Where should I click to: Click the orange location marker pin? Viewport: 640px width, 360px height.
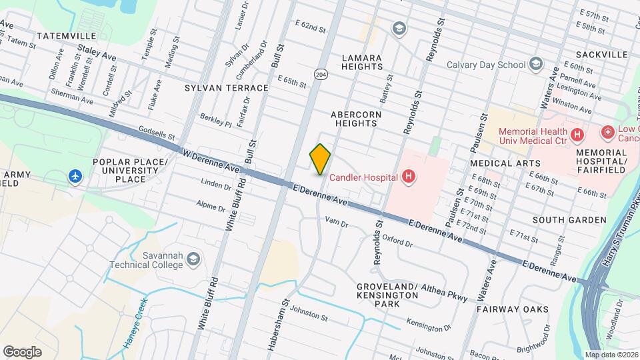321,159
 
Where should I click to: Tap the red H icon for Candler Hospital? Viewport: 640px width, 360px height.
409,177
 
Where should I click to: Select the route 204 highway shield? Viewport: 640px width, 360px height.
321,74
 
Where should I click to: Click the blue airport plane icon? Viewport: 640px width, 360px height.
75,177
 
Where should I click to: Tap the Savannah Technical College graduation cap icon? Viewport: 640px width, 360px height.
193,259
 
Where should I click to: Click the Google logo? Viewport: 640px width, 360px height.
22,351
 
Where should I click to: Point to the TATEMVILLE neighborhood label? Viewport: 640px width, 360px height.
66,35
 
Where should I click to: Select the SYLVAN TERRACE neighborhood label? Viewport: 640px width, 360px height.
227,88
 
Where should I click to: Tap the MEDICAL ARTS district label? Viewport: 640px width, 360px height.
505,163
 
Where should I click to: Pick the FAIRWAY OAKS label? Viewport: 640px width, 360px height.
513,309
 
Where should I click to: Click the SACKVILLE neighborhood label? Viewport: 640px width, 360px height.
604,54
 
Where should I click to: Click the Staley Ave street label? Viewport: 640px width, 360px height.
97,49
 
